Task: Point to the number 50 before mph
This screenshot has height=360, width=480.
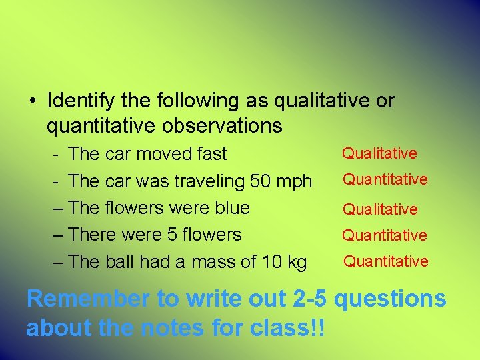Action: coord(262,181)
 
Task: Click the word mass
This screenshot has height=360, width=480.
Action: coord(213,263)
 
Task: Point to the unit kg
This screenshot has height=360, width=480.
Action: coord(296,263)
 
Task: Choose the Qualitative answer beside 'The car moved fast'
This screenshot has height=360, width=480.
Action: coord(379,153)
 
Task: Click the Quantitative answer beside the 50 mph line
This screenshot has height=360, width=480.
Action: coord(385,179)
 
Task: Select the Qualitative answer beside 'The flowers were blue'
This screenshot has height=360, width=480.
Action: coord(380,209)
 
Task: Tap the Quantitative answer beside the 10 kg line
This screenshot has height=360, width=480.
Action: coord(385,261)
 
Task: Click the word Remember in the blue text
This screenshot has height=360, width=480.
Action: coord(88,299)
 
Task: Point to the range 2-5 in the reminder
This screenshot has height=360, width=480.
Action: coord(310,299)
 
